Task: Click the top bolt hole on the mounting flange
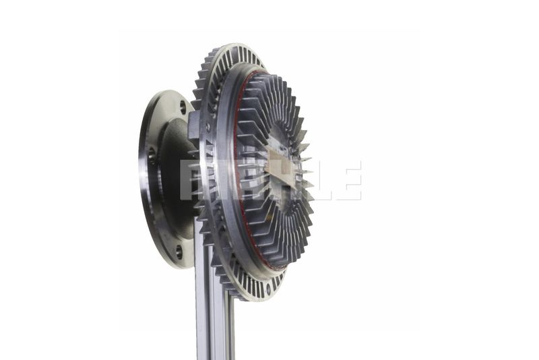(x=183, y=107)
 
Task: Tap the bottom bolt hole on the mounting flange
(x=179, y=251)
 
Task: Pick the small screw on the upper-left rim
(x=208, y=126)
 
